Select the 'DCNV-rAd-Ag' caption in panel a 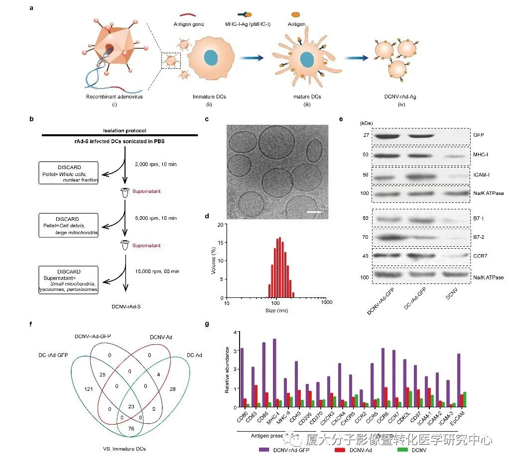[x=400, y=96]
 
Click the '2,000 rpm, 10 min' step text [x=150, y=164]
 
